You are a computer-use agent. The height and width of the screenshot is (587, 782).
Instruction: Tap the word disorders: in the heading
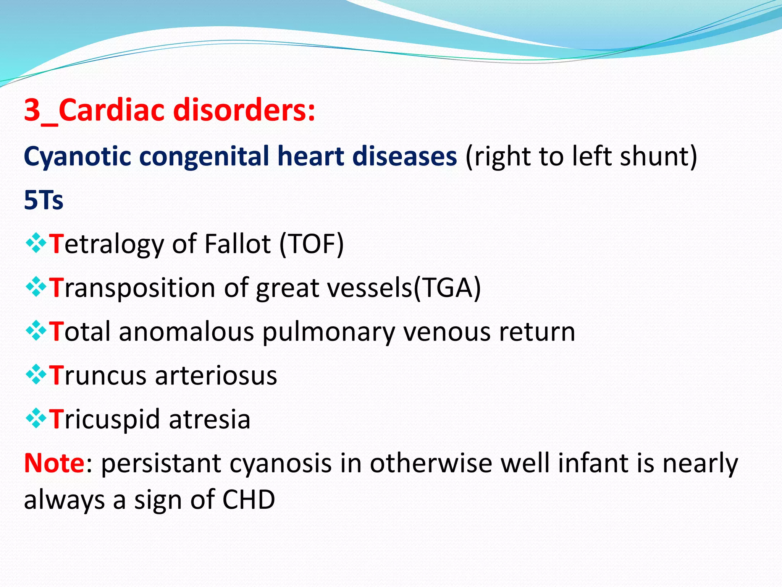pyautogui.click(x=244, y=110)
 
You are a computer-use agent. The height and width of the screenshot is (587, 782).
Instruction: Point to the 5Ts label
pyautogui.click(x=44, y=200)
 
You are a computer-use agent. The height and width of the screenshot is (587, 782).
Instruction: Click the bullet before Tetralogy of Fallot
pyautogui.click(x=36, y=243)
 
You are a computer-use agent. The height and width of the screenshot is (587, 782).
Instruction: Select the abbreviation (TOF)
pyautogui.click(x=312, y=244)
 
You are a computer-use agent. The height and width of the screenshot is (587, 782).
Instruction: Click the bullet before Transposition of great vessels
pyautogui.click(x=36, y=287)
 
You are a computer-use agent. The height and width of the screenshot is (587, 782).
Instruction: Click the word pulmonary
pyautogui.click(x=329, y=332)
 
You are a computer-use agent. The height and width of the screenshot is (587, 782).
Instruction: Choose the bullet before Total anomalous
pyautogui.click(x=36, y=331)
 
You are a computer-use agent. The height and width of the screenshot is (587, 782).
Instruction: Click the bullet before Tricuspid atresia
pyautogui.click(x=36, y=418)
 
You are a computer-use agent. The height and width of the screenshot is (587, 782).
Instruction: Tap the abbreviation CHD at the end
pyautogui.click(x=249, y=500)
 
